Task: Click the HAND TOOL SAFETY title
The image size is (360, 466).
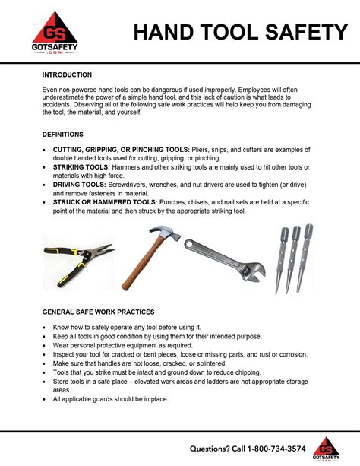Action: [240, 32]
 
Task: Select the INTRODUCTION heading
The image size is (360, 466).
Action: [67, 75]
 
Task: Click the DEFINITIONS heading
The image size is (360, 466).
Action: [63, 134]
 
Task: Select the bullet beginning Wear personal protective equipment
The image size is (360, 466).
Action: [123, 344]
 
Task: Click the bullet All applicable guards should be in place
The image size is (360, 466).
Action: [110, 399]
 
